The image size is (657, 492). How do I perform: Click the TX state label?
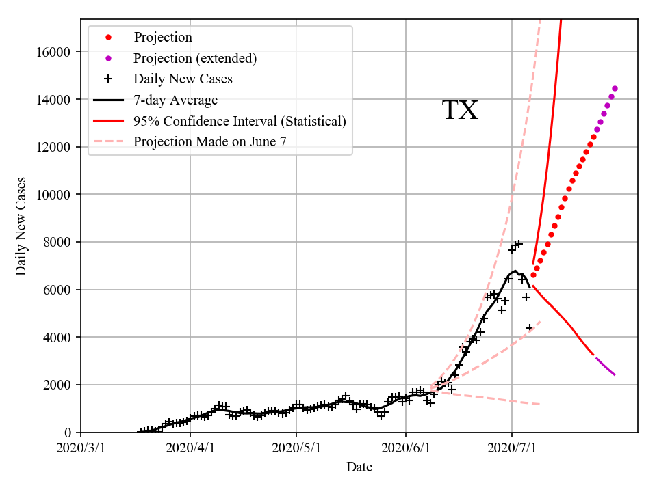(x=460, y=111)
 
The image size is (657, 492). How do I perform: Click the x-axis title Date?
(x=359, y=467)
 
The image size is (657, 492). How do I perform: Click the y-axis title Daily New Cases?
(x=21, y=226)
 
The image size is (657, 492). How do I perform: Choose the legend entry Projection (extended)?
(x=195, y=58)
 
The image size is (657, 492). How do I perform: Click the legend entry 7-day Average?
(x=175, y=100)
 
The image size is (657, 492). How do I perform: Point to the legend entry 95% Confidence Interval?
(x=240, y=121)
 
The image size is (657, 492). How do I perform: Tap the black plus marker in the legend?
(x=107, y=79)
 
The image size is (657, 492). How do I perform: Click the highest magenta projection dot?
(x=615, y=88)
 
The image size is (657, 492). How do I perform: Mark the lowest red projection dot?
(x=533, y=275)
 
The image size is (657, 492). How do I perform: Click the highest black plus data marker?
(x=519, y=244)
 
